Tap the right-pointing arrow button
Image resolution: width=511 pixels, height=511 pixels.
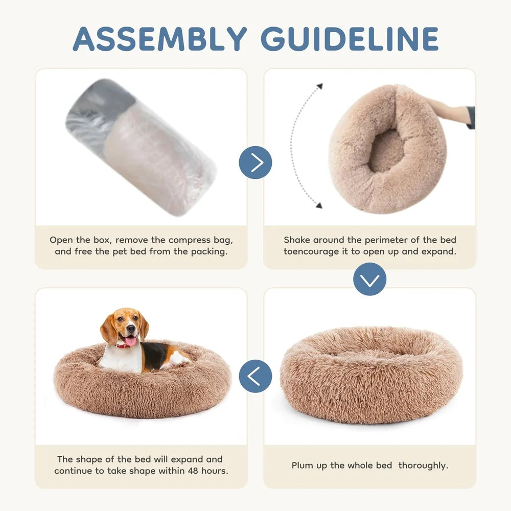(x=255, y=162)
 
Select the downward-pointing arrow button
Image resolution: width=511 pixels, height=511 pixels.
(x=369, y=279)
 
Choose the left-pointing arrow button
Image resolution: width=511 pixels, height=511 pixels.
(x=255, y=376)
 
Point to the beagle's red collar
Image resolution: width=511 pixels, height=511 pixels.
(x=123, y=346)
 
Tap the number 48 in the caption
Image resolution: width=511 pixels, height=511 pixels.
(x=185, y=471)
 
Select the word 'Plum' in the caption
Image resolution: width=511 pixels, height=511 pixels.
(x=302, y=466)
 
